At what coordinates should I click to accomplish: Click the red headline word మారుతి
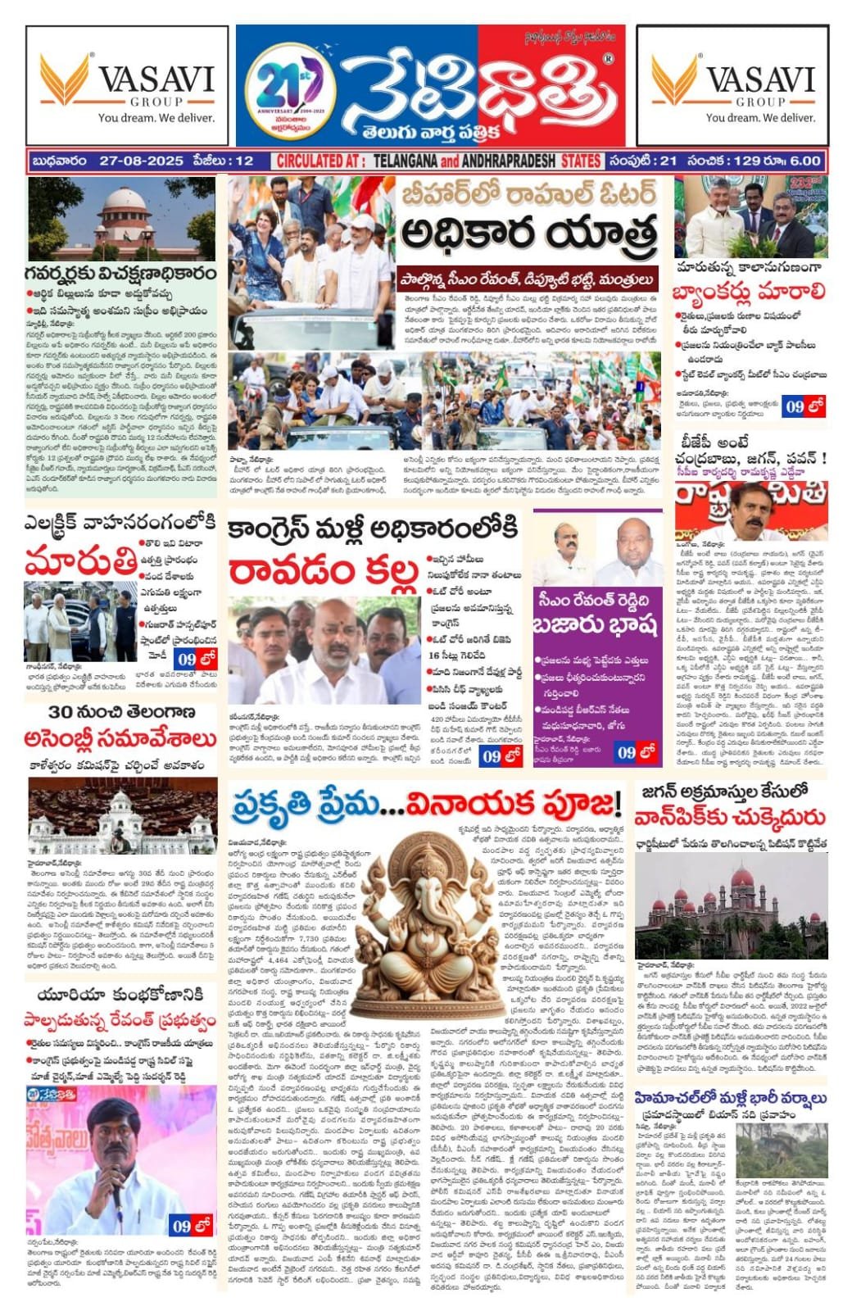pos(80,564)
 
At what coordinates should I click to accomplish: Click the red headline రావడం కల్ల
pos(324,571)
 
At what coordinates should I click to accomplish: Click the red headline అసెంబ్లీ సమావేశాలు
pos(121,739)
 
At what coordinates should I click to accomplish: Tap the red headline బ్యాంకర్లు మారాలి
pos(749,292)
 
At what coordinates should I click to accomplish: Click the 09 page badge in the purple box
pos(637,751)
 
